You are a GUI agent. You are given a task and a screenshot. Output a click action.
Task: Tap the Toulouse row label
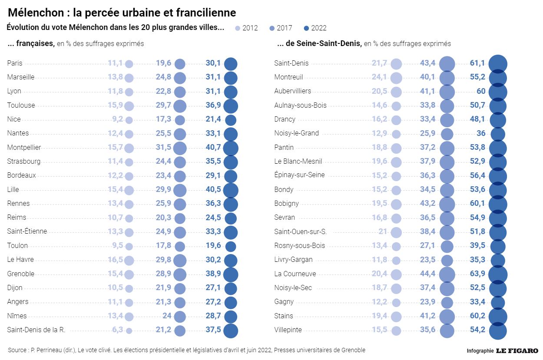pos(21,105)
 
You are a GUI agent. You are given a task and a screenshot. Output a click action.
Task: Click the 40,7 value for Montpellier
pos(213,148)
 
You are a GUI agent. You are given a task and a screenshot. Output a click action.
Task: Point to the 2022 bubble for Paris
pos(231,64)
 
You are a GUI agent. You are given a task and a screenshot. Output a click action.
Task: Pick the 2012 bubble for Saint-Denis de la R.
pos(129,330)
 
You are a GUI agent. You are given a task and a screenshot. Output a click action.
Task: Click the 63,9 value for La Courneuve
pos(477,274)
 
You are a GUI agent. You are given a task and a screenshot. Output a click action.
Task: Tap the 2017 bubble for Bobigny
pos(447,204)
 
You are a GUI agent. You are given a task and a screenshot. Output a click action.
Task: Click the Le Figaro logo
pos(517,350)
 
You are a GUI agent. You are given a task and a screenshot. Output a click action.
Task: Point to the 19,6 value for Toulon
pos(213,246)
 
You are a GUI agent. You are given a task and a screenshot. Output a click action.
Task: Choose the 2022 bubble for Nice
pos(231,120)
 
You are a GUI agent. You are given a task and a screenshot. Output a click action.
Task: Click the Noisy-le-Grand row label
pos(297,133)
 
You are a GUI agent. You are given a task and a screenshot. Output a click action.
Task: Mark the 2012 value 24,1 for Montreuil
pos(379,77)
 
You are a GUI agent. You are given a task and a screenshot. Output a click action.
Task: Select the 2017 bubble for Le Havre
pos(180,260)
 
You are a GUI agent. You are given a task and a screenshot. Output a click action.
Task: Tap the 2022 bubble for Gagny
pos(498,302)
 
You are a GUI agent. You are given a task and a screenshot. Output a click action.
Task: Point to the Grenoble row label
pos(21,274)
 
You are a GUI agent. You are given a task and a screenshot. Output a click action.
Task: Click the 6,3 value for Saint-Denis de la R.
pos(117,330)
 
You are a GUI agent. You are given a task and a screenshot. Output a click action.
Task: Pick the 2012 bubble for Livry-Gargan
pos(396,261)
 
